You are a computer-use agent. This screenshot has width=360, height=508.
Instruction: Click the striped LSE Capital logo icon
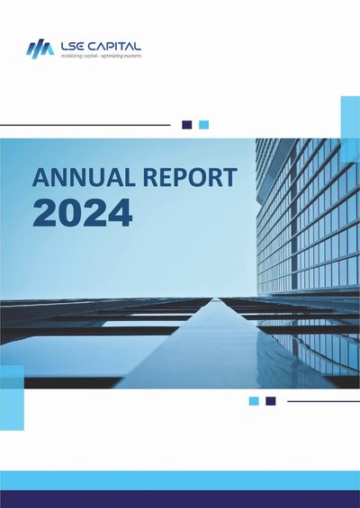coord(40,49)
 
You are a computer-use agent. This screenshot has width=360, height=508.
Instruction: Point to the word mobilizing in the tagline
coord(71,56)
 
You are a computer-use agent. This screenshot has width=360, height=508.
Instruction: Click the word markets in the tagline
coord(133,56)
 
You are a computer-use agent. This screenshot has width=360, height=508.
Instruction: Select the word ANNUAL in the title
coord(84,177)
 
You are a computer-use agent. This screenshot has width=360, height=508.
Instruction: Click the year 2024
coord(83,213)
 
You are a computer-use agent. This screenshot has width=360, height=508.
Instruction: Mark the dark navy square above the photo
coord(187,125)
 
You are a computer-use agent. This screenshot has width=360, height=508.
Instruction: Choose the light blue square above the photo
coord(203,125)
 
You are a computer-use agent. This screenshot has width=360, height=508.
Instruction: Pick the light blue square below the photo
coord(254,401)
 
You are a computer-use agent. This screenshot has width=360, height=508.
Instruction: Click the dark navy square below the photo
coord(271,401)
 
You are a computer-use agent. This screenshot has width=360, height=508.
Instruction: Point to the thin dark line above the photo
coord(85,125)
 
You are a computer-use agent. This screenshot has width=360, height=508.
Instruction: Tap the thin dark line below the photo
coord(324,401)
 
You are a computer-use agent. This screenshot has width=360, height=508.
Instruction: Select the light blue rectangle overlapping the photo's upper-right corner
coord(350,129)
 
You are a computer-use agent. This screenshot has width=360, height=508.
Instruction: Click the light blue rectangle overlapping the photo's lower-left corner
coord(12,397)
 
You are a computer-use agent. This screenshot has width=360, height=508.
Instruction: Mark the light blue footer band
coord(180,481)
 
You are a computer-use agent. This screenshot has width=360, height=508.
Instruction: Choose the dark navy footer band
coord(180,499)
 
